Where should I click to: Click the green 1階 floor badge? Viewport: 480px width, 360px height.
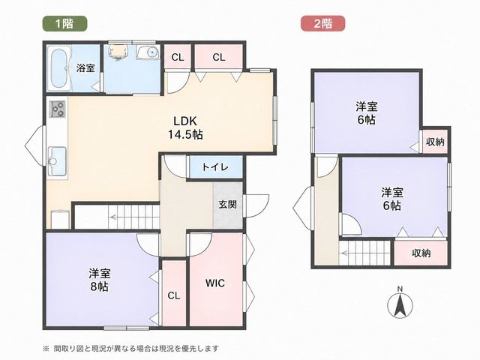tap(64, 23)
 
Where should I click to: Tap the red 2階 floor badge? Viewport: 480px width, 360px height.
tap(323, 23)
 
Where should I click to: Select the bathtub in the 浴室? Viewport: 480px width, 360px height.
tap(60, 68)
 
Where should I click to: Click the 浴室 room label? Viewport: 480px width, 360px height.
tap(85, 68)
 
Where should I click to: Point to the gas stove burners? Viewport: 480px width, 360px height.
tap(58, 109)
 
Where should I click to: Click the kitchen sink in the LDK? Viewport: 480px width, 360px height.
tap(57, 161)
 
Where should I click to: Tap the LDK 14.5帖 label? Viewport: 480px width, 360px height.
tap(185, 127)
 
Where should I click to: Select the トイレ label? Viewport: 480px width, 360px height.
tap(215, 167)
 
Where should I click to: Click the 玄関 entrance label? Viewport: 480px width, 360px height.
tap(228, 204)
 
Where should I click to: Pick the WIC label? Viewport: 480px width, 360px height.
tap(215, 283)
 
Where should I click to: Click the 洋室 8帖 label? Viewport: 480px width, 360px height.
tap(100, 280)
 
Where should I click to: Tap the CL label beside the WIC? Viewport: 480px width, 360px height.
tap(173, 295)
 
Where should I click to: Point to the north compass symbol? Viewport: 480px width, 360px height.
tap(400, 302)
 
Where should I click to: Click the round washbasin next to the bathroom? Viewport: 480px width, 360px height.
tap(148, 52)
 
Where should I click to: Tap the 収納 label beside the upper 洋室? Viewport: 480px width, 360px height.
tap(435, 142)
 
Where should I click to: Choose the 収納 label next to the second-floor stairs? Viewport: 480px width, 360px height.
tap(421, 253)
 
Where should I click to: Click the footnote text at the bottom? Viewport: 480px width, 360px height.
tap(130, 348)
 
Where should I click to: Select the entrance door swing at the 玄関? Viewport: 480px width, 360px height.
tap(256, 205)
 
